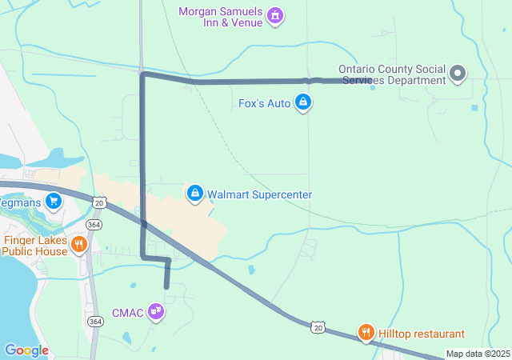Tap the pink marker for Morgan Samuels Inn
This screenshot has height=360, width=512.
[x=275, y=15]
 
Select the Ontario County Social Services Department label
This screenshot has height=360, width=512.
[x=392, y=74]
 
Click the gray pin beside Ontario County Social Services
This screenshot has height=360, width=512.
[x=458, y=74]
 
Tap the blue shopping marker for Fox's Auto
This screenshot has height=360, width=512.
[x=303, y=102]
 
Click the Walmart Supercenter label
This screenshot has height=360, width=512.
[x=259, y=194]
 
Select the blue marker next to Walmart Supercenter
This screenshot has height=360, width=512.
[x=195, y=193]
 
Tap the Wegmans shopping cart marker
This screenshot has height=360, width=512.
[x=54, y=200]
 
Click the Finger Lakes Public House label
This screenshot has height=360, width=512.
[x=34, y=245]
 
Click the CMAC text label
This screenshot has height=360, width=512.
[x=127, y=313]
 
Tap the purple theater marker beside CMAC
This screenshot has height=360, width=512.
[x=157, y=312]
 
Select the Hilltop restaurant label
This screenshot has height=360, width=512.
[x=422, y=334]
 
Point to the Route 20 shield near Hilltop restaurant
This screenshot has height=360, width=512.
[x=318, y=327]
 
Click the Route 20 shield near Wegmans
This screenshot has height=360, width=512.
[x=98, y=203]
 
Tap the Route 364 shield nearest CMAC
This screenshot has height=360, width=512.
[x=95, y=321]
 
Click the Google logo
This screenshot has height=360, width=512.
[x=26, y=350]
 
